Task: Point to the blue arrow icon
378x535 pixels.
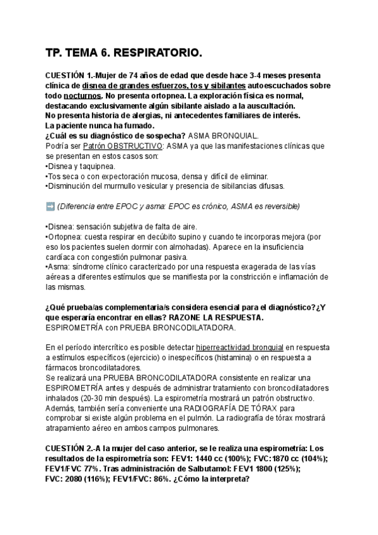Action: tap(50, 206)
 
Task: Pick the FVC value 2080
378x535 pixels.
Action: tap(76, 478)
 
